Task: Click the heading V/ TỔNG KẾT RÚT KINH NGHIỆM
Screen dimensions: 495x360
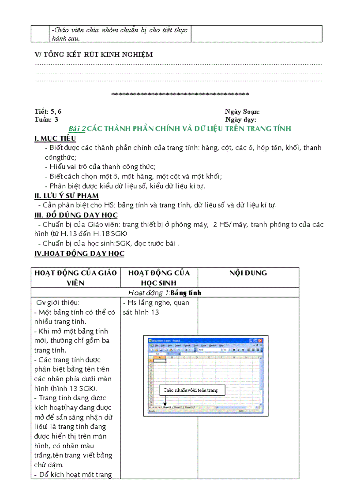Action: [x=94, y=55]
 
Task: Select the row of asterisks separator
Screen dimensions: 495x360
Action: [x=180, y=94]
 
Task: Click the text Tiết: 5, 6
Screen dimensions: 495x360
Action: [x=51, y=112]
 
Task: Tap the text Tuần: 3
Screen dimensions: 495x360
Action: [x=46, y=119]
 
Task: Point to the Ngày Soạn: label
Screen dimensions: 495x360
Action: [x=242, y=112]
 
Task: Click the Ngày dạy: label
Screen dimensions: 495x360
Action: [x=240, y=119]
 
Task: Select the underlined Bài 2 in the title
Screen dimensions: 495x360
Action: [x=77, y=129]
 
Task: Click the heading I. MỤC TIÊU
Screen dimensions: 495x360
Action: [x=55, y=139]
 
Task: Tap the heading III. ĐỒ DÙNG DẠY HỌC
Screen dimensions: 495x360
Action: [x=76, y=215]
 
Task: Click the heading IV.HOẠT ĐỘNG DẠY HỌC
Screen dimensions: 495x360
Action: [x=79, y=253]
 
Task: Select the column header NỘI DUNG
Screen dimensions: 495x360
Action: [x=248, y=273]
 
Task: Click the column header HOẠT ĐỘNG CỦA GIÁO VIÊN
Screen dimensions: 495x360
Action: [x=75, y=278]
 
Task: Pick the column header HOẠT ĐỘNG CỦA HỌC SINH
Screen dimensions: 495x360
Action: [x=159, y=278]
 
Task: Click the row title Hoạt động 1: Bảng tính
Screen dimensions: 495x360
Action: [x=165, y=293]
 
